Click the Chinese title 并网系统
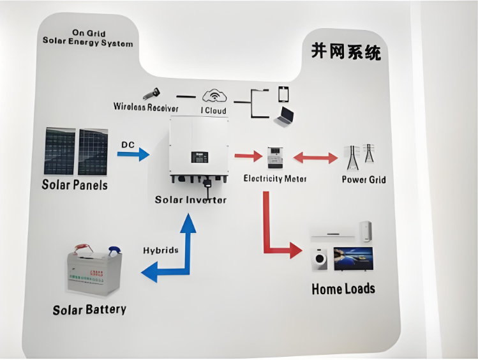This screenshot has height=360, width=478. tap(346, 52)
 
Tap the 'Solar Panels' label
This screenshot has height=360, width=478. tap(75, 185)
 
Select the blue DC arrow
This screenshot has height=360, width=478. tap(135, 154)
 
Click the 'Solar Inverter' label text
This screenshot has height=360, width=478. tap(190, 200)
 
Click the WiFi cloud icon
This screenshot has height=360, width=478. tap(214, 96)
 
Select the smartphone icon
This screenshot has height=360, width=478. tap(283, 94)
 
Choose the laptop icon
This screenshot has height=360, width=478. tap(284, 116)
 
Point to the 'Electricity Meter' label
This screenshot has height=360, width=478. tap(274, 179)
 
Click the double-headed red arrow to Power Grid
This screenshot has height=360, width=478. tap(315, 157)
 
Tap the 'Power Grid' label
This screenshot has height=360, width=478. tap(363, 179)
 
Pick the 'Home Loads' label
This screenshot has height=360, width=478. tap(343, 289)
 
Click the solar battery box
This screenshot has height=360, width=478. tap(94, 272)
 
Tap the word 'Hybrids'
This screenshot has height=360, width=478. tap(160, 250)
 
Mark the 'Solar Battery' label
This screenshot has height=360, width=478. tap(89, 310)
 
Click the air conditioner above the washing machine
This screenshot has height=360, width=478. tap(331, 232)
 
